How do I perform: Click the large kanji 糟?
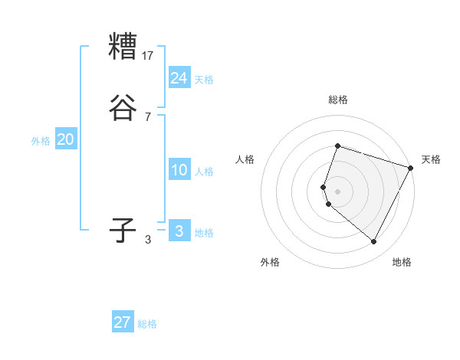(x=123, y=46)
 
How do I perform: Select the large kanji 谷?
(x=123, y=107)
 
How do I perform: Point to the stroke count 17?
(x=148, y=56)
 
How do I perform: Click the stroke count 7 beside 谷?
(x=148, y=117)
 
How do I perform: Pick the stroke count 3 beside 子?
(x=148, y=240)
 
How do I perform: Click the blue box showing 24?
(x=179, y=77)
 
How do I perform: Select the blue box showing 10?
(x=179, y=170)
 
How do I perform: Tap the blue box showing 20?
(x=66, y=139)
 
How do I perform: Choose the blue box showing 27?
(x=123, y=322)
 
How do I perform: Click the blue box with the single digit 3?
(x=179, y=231)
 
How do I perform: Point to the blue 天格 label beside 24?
(x=204, y=80)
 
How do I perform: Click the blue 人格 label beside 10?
(x=204, y=172)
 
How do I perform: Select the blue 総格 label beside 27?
(x=147, y=325)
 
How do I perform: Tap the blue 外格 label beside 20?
(x=41, y=142)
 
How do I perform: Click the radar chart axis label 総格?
(x=337, y=100)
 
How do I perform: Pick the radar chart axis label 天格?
(x=431, y=159)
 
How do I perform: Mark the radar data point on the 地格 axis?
(x=374, y=242)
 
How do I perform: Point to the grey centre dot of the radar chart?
(x=337, y=191)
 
